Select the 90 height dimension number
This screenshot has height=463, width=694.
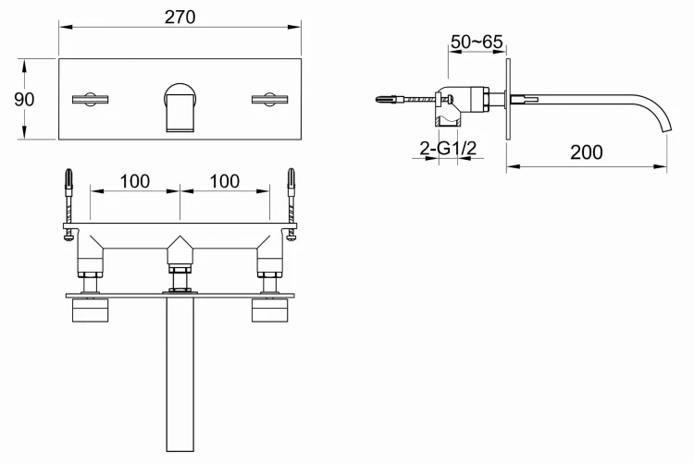[x=24, y=99]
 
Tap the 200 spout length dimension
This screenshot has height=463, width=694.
[x=586, y=151]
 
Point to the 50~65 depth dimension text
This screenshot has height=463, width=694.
[x=477, y=42]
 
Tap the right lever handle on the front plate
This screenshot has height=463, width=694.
[x=270, y=99]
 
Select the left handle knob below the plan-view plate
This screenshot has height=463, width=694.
[x=90, y=311]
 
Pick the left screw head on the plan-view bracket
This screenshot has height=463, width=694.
[x=68, y=237]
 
